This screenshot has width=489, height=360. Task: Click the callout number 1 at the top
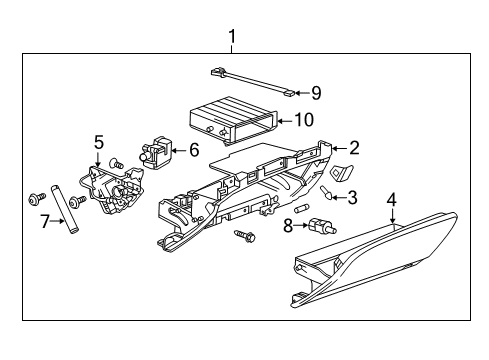[x=232, y=40]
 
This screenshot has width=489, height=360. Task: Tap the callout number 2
[x=353, y=147]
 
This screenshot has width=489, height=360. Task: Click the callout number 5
[x=99, y=143]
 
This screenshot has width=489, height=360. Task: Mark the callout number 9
[x=315, y=93]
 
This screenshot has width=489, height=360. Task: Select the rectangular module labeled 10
[x=230, y=118]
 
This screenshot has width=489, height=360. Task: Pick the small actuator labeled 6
[x=160, y=153]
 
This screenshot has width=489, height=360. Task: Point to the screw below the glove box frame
[x=243, y=235]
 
